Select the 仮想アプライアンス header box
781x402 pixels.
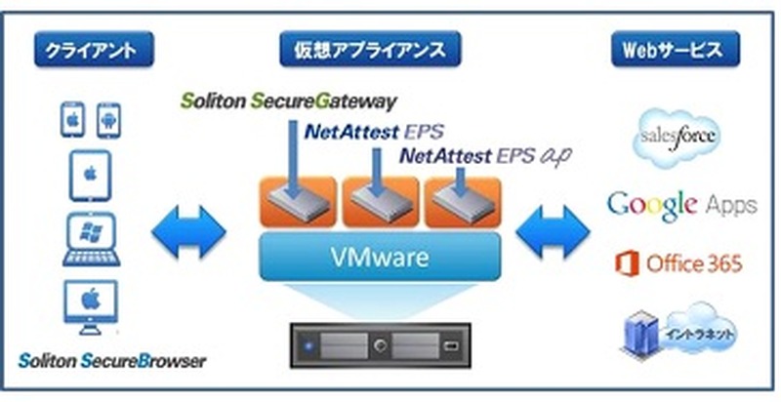click(x=385, y=50)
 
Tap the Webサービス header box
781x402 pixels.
click(x=674, y=50)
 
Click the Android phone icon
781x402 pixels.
click(x=108, y=121)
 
